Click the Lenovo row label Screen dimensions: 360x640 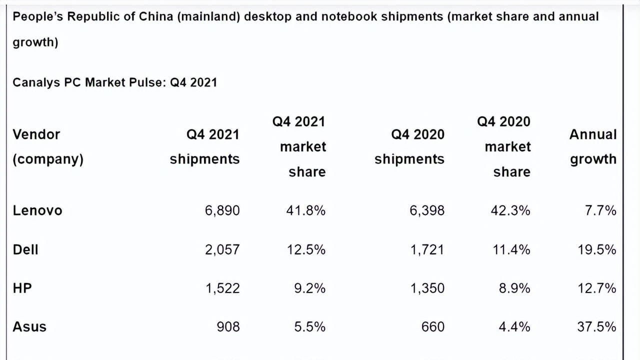tap(37, 210)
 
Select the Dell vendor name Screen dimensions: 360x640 tap(25, 249)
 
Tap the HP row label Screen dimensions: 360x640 tap(22, 288)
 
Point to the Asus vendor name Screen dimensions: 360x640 tap(29, 326)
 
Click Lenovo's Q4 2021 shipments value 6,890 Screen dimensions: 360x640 tap(222, 210)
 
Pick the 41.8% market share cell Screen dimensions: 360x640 tap(305, 210)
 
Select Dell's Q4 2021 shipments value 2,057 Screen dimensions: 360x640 tap(222, 249)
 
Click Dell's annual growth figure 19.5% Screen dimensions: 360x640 tap(597, 249)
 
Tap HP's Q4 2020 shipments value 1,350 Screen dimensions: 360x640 tap(427, 288)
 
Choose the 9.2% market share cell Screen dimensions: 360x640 tap(309, 288)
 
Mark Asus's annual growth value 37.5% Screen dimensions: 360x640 tap(596, 326)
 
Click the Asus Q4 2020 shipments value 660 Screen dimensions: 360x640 tap(432, 326)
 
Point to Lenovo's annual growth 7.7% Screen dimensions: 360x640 tap(600, 210)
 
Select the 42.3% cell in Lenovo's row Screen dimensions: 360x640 tap(510, 210)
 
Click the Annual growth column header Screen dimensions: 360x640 tap(593, 146)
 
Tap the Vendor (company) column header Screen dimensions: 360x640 tap(48, 146)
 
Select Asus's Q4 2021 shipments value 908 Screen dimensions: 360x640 tap(228, 326)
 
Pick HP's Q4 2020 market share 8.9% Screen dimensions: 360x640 tap(514, 288)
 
